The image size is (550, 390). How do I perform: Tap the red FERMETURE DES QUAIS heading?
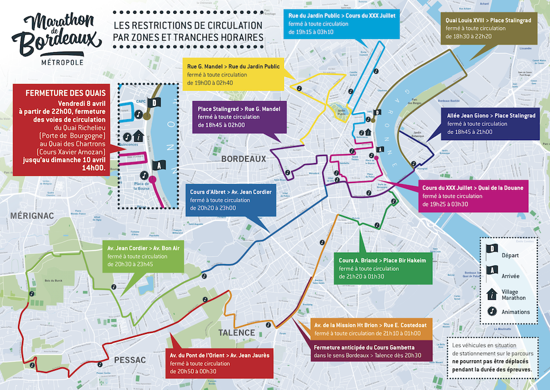59,93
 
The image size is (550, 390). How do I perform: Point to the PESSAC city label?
129,360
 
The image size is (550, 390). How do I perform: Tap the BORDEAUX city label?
244,159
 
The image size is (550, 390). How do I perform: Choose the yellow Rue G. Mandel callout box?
233,75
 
